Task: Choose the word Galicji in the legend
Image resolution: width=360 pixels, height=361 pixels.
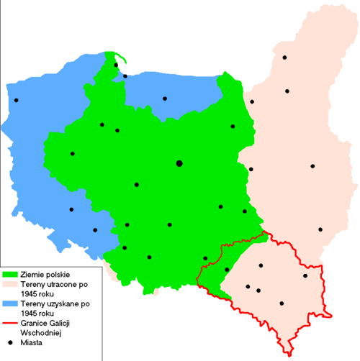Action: pos(73,324)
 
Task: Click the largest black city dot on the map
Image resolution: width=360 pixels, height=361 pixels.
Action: pos(179,163)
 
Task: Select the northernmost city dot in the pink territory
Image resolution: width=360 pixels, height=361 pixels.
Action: pos(284,57)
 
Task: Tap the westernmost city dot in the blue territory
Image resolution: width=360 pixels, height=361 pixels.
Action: pos(15,100)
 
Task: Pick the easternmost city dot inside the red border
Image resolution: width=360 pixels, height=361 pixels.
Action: pos(305,275)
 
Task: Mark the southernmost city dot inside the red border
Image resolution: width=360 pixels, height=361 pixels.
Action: pos(282,303)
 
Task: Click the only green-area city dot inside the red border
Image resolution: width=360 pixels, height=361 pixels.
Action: pos(227,270)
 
